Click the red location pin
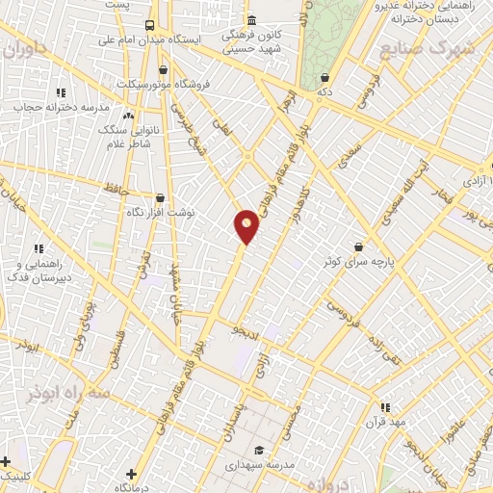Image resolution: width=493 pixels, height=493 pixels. click(246, 226)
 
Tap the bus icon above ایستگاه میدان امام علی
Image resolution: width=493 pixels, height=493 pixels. click(149, 25)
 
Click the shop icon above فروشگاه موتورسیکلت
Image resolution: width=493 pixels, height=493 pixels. click(163, 69)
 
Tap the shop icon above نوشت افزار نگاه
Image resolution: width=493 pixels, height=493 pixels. click(160, 195)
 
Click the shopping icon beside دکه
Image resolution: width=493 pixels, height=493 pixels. click(325, 77)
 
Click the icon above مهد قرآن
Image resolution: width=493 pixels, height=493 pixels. click(385, 407)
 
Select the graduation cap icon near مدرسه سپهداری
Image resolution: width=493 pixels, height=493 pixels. click(258, 450)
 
